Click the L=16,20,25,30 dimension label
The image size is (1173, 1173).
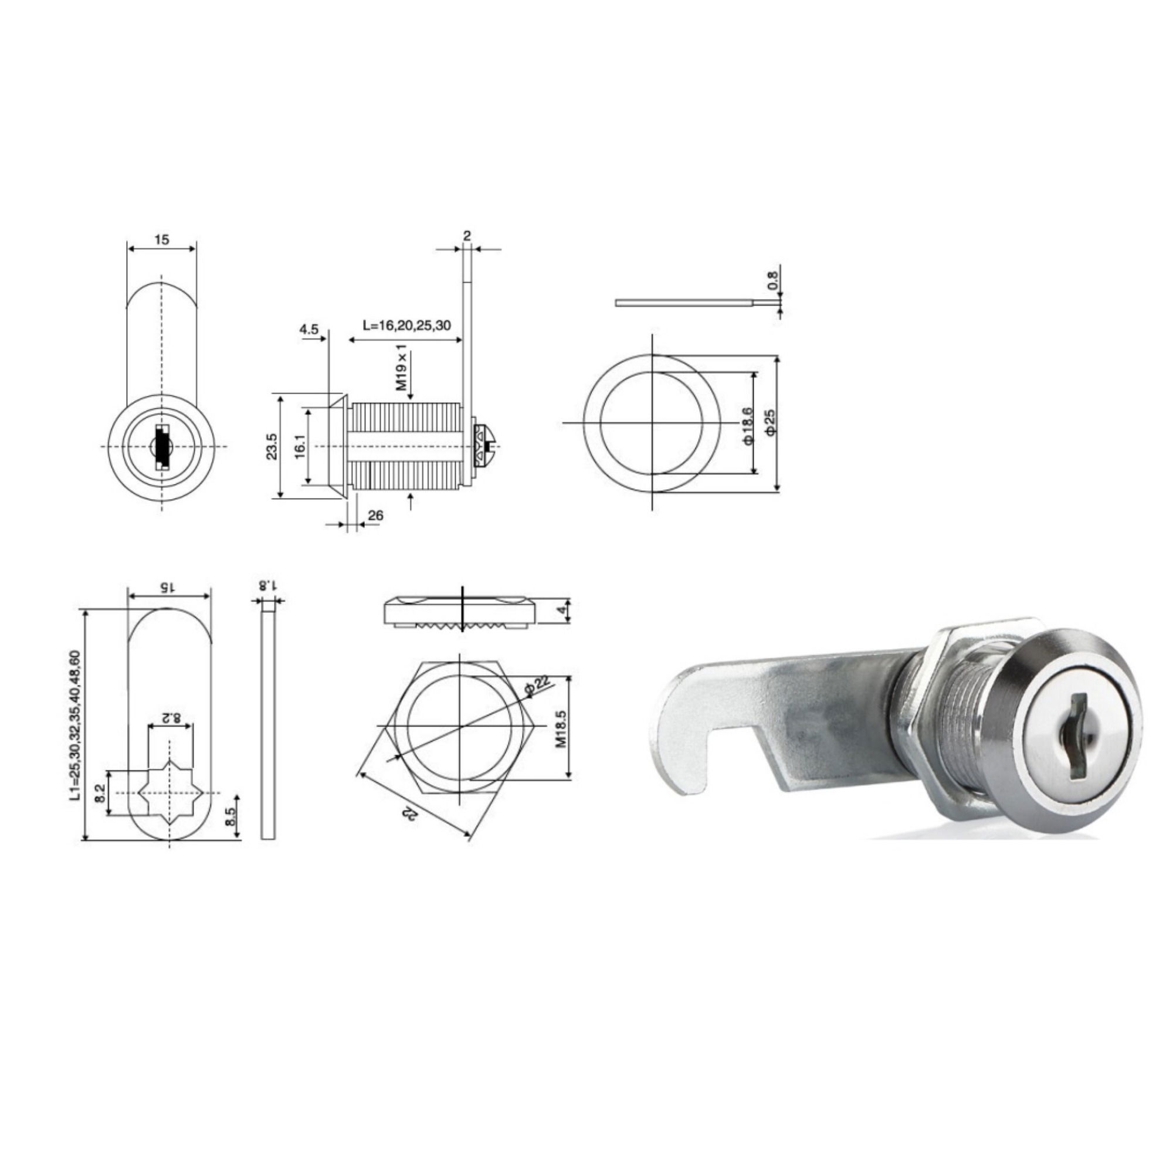click(407, 325)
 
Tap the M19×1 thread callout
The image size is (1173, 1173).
click(401, 369)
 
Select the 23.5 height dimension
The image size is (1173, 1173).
click(272, 446)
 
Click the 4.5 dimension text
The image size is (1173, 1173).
click(308, 329)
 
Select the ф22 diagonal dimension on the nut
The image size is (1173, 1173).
click(537, 689)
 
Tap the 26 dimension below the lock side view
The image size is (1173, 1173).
click(376, 516)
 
